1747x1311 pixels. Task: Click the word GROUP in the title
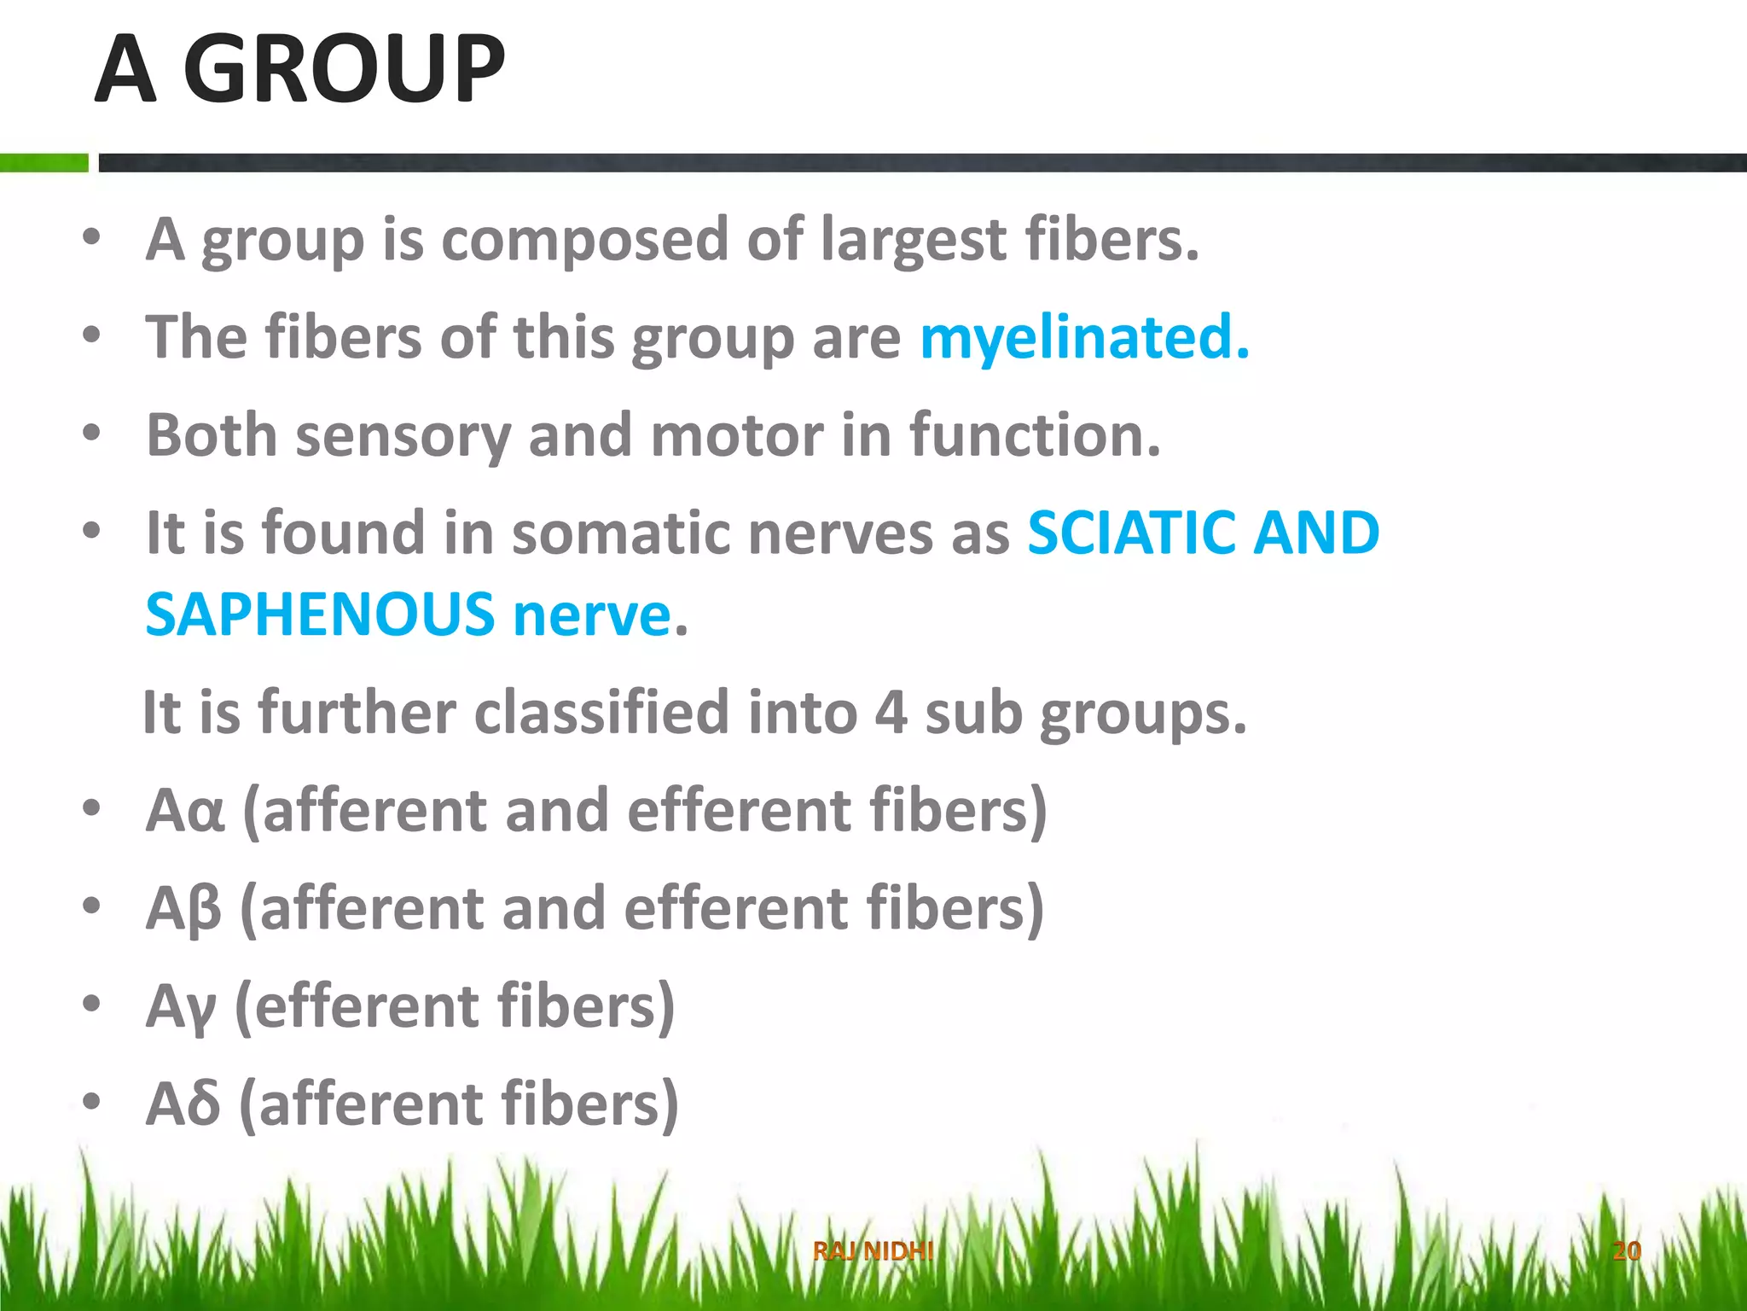pos(345,70)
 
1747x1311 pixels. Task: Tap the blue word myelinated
pos(1083,338)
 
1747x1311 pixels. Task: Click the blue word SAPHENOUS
pos(320,615)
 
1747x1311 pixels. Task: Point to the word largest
pos(913,240)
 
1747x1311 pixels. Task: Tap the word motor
pos(738,435)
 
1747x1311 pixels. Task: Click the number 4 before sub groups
pos(891,713)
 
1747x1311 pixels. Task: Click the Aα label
pos(185,811)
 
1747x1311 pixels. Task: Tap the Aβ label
pos(183,909)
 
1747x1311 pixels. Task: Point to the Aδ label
pos(183,1104)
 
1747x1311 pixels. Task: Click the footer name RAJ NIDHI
pos(873,1251)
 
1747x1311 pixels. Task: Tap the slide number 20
pos(1627,1251)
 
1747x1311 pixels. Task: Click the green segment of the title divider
pos(44,163)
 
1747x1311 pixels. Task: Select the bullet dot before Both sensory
pos(91,433)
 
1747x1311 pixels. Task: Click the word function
pos(1034,435)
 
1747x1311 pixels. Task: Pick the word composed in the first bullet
pos(584,240)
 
